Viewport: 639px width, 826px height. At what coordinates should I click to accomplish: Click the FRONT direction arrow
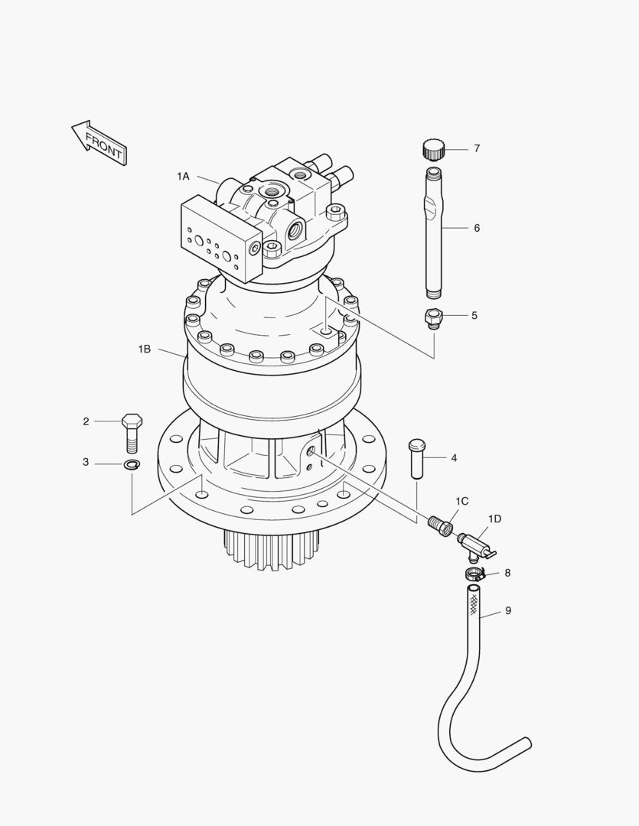pyautogui.click(x=98, y=142)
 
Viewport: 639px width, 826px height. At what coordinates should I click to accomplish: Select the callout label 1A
pyautogui.click(x=183, y=177)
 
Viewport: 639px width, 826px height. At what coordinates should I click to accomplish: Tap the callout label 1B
pyautogui.click(x=145, y=349)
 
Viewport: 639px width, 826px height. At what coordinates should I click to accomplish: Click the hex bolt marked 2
pyautogui.click(x=132, y=433)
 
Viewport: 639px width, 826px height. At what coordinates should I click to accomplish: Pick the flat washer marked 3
pyautogui.click(x=132, y=464)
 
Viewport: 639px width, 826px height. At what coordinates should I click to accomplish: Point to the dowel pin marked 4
pyautogui.click(x=416, y=458)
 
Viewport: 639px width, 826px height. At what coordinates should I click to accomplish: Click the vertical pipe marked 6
pyautogui.click(x=433, y=229)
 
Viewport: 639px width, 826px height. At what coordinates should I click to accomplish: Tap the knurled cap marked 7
pyautogui.click(x=432, y=148)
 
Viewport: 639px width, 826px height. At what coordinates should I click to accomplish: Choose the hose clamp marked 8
pyautogui.click(x=473, y=574)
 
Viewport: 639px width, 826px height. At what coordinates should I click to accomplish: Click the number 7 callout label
pyautogui.click(x=477, y=148)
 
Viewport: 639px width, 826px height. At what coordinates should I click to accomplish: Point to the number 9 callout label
pyautogui.click(x=508, y=611)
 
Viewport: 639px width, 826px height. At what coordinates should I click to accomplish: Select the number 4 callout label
pyautogui.click(x=454, y=458)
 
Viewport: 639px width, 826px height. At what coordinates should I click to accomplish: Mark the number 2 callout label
pyautogui.click(x=86, y=421)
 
